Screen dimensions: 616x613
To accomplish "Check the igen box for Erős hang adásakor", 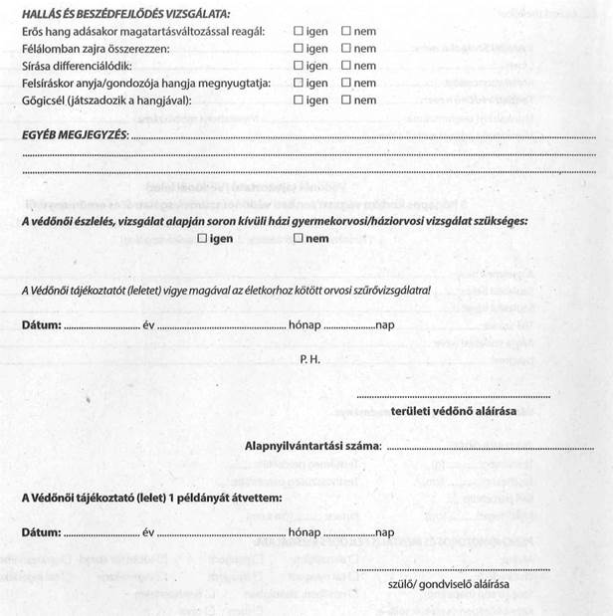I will coord(299,32).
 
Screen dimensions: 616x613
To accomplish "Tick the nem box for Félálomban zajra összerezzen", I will coord(346,49).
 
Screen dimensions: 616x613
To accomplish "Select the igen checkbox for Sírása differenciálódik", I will coord(299,66).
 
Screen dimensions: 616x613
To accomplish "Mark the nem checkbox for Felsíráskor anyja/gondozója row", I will coord(346,83).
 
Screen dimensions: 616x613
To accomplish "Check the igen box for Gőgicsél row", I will coord(299,101).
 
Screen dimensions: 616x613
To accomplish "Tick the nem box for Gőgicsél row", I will coord(346,101).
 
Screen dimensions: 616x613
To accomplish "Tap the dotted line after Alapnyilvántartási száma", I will coord(468,448).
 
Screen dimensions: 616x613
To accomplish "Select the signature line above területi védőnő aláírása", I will coord(453,396).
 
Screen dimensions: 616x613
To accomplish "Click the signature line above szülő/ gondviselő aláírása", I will coord(453,569).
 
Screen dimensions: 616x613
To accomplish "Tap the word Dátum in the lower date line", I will coord(41,532).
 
